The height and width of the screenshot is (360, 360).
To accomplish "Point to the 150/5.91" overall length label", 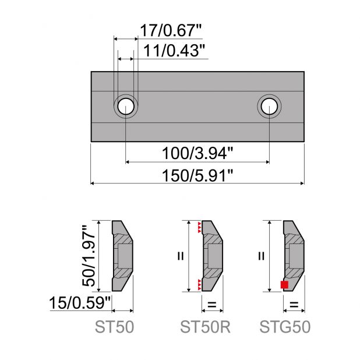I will [197, 174].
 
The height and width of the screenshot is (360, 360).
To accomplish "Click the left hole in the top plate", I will [126, 106].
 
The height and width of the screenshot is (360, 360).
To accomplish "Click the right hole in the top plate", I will [269, 106].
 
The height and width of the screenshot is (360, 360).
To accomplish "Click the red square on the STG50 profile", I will [284, 284].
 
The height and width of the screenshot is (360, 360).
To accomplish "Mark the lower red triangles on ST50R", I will [200, 284].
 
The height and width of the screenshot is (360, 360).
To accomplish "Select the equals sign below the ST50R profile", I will [211, 303].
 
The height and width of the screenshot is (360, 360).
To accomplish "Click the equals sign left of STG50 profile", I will [261, 255].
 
